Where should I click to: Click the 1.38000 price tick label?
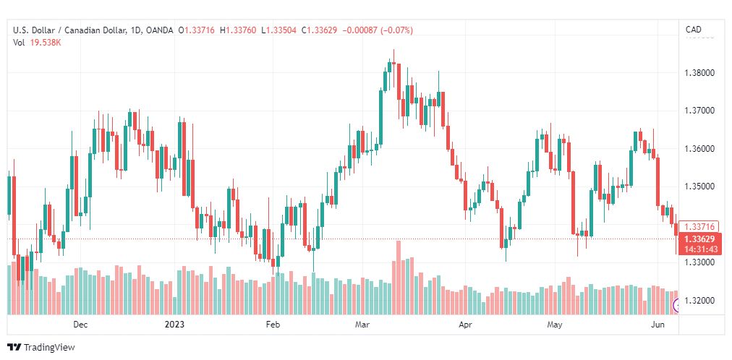pos(700,73)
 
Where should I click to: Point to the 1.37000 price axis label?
pos(700,111)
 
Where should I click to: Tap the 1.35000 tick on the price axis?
pos(700,187)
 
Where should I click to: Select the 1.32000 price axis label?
pos(700,300)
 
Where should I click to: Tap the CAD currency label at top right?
pos(693,30)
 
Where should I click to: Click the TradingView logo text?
pos(49,348)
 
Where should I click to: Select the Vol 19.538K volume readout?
pos(37,43)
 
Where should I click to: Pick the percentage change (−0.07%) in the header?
pos(397,30)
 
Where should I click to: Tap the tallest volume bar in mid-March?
pos(399,278)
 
